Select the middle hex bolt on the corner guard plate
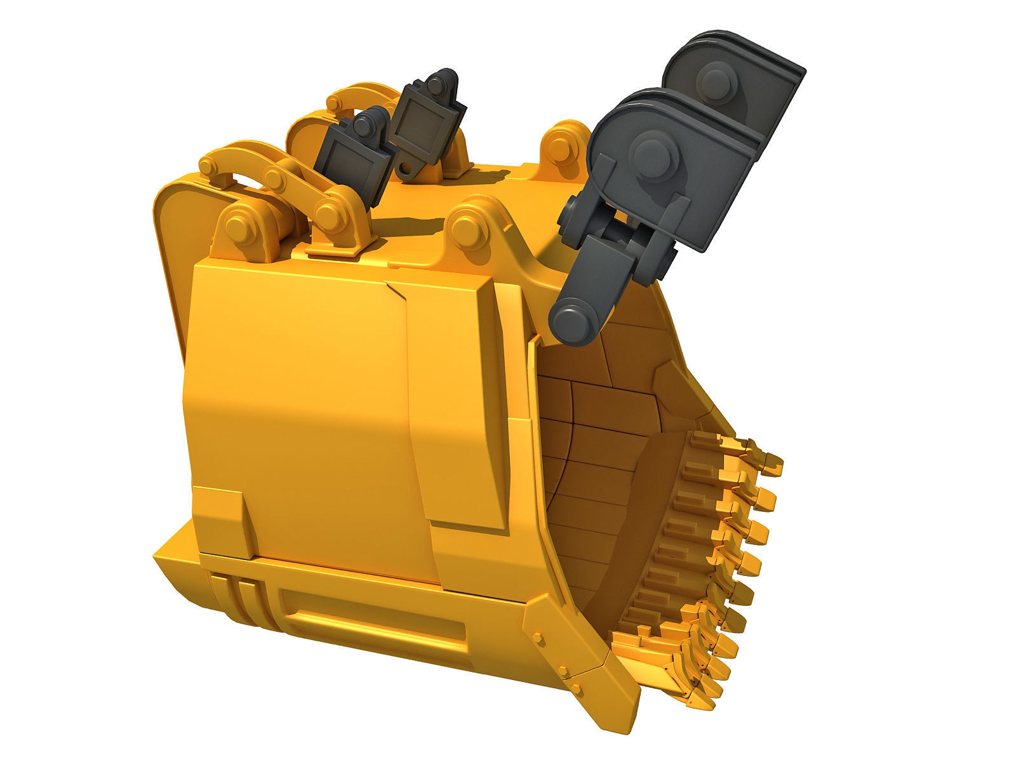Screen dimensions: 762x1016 563,669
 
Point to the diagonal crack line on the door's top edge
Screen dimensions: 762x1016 397,291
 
